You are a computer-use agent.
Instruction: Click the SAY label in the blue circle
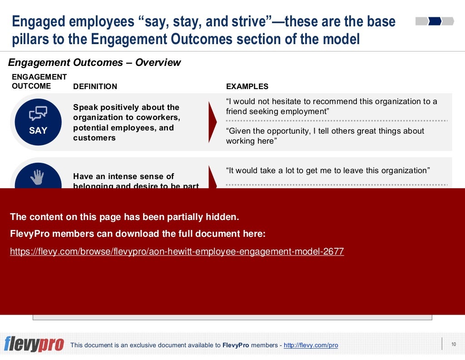click(x=38, y=130)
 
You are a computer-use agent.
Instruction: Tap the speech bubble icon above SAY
click(x=38, y=113)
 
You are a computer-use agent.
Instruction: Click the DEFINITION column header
click(x=95, y=86)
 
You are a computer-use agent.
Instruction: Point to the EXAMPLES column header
click(x=247, y=86)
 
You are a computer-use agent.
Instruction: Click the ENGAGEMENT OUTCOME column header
click(x=39, y=81)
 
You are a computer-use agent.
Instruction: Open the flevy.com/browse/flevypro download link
click(x=177, y=251)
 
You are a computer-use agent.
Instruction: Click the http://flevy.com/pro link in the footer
click(x=311, y=345)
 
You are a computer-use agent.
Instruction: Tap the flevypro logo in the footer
click(x=34, y=345)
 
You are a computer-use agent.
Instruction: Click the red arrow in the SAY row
click(x=212, y=122)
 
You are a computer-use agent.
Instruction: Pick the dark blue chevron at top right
click(x=435, y=21)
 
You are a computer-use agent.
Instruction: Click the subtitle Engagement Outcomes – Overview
click(x=94, y=63)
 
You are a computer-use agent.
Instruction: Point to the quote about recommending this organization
click(x=331, y=106)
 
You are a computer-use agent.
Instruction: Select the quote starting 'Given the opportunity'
click(x=325, y=136)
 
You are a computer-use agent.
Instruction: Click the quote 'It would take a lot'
click(x=327, y=171)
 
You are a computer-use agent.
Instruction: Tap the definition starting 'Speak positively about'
click(x=126, y=123)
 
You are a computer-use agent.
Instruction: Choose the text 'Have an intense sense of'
click(x=124, y=176)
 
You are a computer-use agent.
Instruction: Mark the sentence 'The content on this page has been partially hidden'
click(x=124, y=217)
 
